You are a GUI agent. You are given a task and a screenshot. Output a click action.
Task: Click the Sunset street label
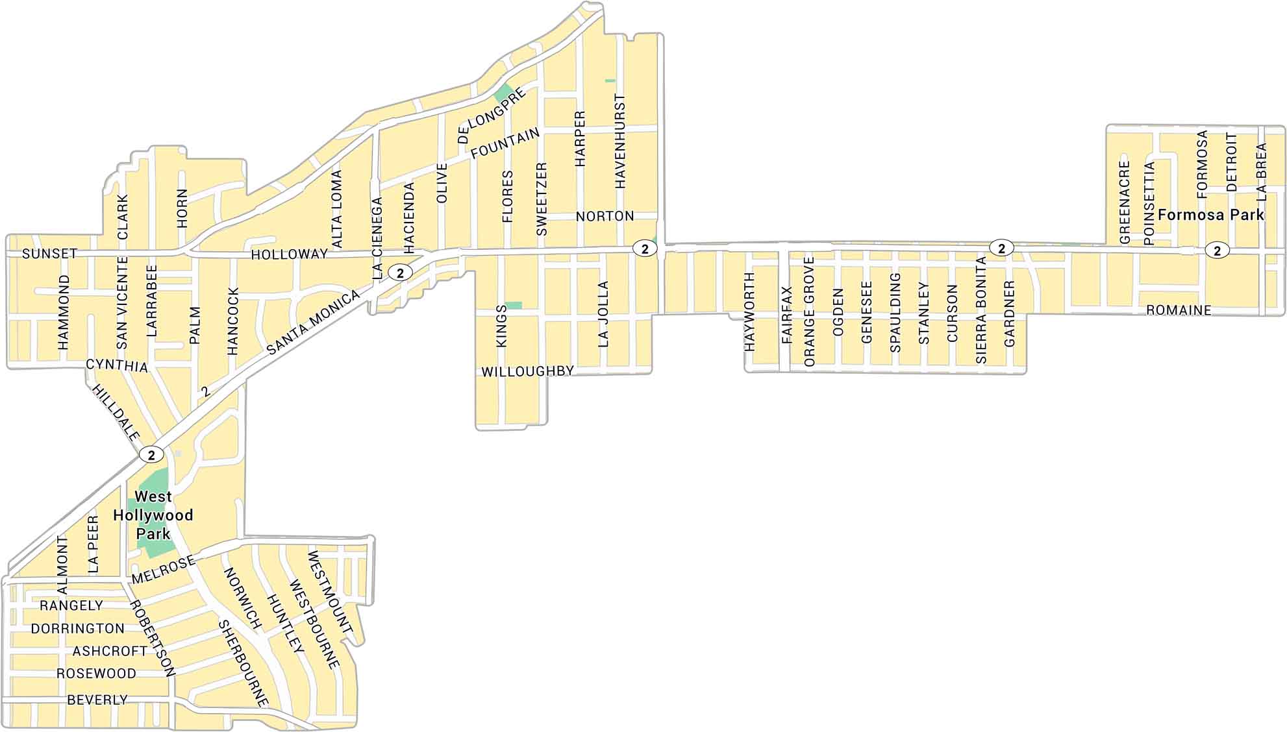pyautogui.click(x=50, y=254)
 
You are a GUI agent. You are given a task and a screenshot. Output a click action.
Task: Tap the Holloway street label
pyautogui.click(x=290, y=254)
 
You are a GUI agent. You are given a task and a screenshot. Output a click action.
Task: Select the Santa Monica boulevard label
pyautogui.click(x=313, y=323)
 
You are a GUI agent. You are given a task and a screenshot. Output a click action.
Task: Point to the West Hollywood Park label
pyautogui.click(x=153, y=515)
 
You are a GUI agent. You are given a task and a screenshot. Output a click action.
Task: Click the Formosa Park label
pyautogui.click(x=1211, y=215)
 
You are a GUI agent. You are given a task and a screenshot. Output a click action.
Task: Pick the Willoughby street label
pyautogui.click(x=527, y=372)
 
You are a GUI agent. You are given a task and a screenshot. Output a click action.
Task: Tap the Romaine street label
pyautogui.click(x=1179, y=311)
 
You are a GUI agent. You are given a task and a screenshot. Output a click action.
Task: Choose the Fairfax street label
pyautogui.click(x=787, y=315)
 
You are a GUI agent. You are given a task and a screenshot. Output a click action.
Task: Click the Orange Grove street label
pyautogui.click(x=809, y=311)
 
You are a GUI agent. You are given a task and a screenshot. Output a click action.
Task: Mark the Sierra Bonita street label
pyautogui.click(x=981, y=310)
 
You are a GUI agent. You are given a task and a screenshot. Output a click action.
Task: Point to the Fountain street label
pyautogui.click(x=505, y=143)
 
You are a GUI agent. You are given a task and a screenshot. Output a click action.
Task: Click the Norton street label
pyautogui.click(x=605, y=216)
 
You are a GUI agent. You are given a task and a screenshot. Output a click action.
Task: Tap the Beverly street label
pyautogui.click(x=97, y=700)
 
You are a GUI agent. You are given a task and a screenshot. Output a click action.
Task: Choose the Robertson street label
pyautogui.click(x=153, y=639)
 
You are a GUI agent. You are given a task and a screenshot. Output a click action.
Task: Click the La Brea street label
pyautogui.click(x=1261, y=171)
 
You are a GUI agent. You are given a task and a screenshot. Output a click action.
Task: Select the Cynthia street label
pyautogui.click(x=117, y=365)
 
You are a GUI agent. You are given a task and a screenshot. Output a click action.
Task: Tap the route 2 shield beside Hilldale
pyautogui.click(x=151, y=455)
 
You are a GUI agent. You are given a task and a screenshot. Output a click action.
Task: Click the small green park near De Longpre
pyautogui.click(x=503, y=93)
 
